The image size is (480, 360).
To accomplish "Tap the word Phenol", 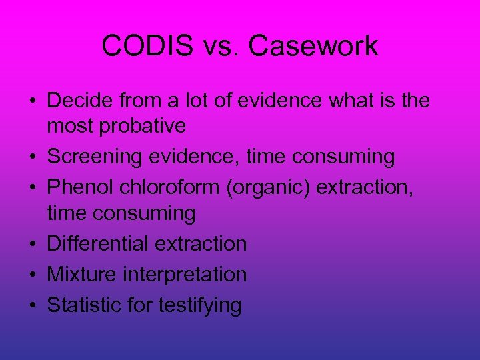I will (81, 188).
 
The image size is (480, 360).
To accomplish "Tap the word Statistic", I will (83, 305).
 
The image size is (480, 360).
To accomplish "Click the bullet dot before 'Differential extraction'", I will (33, 245).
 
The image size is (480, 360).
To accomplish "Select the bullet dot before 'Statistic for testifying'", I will (33, 306).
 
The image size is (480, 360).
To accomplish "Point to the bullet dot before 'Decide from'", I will (33, 102).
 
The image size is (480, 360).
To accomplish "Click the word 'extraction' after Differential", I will (201, 244).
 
